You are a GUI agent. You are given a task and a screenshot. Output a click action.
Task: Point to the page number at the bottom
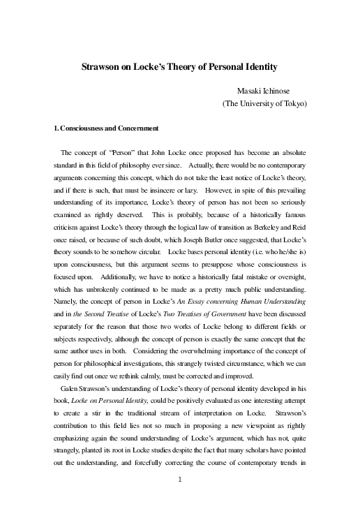180,479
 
